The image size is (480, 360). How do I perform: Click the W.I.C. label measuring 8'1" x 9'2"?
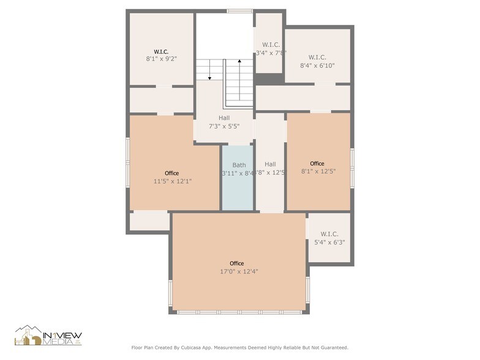(x=162, y=51)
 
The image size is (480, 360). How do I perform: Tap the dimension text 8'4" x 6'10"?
(x=317, y=66)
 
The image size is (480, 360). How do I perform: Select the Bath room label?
(x=239, y=165)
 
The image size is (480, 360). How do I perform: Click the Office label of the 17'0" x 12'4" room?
(x=237, y=263)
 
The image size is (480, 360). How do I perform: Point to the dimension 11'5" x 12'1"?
(x=172, y=181)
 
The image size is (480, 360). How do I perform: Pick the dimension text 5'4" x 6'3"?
(x=329, y=242)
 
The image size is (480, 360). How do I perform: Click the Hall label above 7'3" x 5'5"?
(x=224, y=118)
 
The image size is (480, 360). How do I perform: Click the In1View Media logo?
(x=48, y=336)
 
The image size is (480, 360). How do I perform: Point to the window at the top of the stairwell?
(x=239, y=11)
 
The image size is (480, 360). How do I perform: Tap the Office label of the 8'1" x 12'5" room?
(x=317, y=163)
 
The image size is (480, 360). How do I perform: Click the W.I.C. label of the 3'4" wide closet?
(x=271, y=45)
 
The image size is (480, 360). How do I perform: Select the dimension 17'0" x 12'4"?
(x=239, y=271)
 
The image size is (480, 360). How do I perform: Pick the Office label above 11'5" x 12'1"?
(x=172, y=173)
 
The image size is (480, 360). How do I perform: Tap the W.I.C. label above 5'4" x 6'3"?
(x=329, y=234)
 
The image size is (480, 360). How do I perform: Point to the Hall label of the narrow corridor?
(x=270, y=164)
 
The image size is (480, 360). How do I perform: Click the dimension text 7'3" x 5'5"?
(x=224, y=126)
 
